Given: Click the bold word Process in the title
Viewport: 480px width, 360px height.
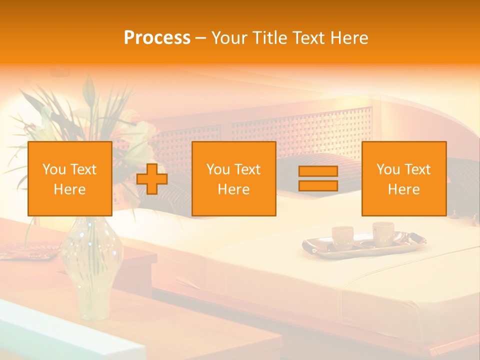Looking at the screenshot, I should [157, 38].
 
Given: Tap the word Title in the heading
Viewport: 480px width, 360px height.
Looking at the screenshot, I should [268, 38].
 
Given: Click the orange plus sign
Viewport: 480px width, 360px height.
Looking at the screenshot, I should [152, 179].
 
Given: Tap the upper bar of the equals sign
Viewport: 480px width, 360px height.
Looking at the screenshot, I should [318, 171].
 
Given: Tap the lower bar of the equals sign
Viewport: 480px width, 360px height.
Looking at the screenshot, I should [318, 186].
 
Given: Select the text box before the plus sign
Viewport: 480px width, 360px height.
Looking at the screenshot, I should [70, 179].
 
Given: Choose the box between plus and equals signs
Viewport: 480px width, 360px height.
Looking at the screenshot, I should [234, 179].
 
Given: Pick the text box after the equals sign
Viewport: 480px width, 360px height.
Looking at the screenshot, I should [404, 179].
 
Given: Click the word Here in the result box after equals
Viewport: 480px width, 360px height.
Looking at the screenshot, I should [404, 189].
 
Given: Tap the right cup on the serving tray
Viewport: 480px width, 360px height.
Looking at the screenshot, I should [383, 233].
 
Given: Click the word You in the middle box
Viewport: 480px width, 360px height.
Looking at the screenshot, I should [218, 169].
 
